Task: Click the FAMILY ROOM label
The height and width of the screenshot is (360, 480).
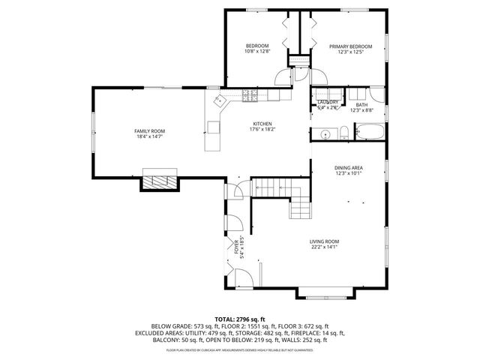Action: tap(149, 131)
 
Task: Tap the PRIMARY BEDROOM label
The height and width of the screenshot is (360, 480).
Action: tap(350, 46)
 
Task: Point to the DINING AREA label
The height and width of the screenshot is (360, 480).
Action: tap(349, 167)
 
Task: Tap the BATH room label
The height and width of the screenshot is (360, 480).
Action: tap(361, 105)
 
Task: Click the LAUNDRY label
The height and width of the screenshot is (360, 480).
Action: tap(328, 102)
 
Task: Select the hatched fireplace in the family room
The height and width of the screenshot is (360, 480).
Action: tap(161, 181)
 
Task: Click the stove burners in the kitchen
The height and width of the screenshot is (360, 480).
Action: tap(250, 94)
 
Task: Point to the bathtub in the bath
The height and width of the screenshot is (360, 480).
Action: tap(368, 132)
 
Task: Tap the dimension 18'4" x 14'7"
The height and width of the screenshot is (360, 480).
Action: tap(149, 137)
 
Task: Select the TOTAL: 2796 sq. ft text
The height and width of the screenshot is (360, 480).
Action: tap(240, 319)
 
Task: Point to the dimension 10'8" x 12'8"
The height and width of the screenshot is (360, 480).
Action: tap(256, 52)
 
